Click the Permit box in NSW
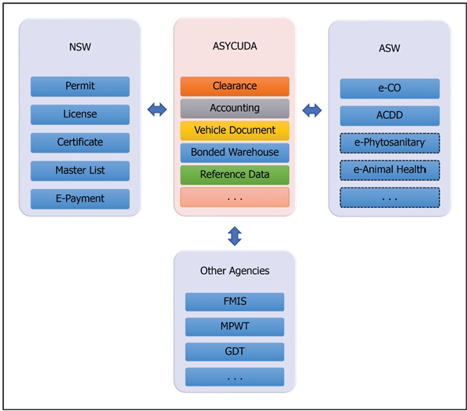point(80,87)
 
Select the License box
point(80,114)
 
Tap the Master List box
point(80,171)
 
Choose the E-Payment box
point(80,198)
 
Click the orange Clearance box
point(235,87)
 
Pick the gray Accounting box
point(235,109)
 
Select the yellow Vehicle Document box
point(235,131)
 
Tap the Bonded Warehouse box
point(235,153)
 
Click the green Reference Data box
point(235,175)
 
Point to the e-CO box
point(390,88)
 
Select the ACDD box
point(390,116)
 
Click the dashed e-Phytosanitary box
point(390,143)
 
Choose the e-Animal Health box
point(390,170)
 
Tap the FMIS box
point(235,302)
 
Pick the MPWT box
point(235,327)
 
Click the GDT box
point(235,352)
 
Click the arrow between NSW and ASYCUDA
point(157,109)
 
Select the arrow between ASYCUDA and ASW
point(312,110)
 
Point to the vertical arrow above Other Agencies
point(235,236)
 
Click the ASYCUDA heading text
point(235,46)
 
